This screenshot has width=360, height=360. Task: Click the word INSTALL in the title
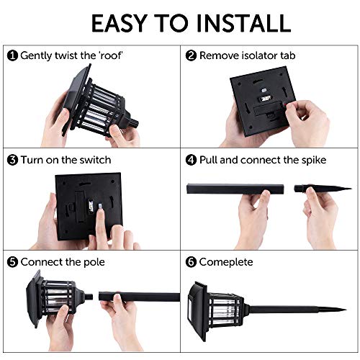point(243,23)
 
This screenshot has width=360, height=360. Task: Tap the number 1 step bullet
point(12,55)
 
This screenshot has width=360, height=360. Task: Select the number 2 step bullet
point(191,55)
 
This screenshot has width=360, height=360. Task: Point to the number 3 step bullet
point(12,160)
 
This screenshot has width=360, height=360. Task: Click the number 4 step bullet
point(191,160)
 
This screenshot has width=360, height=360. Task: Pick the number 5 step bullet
point(12,262)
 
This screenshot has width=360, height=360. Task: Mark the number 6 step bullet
point(191,262)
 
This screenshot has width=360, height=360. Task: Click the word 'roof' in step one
point(110,55)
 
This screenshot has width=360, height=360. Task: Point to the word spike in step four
point(314,161)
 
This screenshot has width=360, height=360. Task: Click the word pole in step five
point(94,262)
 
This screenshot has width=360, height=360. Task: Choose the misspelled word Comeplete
point(226,262)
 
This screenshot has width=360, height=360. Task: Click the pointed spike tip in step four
point(351,189)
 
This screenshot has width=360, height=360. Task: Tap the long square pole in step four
point(235,189)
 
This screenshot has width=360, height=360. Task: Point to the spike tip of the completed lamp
point(346,310)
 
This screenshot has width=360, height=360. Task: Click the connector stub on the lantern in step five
point(89,297)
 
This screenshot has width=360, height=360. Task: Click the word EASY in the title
point(119,23)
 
